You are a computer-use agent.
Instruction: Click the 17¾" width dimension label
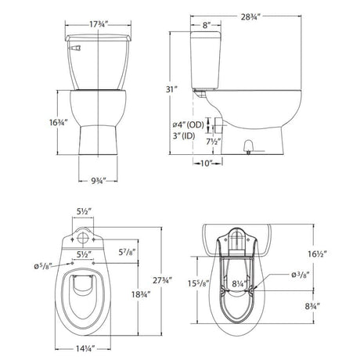pyautogui.click(x=99, y=25)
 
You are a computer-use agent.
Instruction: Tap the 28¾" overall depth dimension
pyautogui.click(x=250, y=17)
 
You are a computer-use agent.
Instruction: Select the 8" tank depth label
pyautogui.click(x=207, y=25)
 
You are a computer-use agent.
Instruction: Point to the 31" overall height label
pyautogui.click(x=171, y=89)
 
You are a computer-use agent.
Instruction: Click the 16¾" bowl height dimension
pyautogui.click(x=59, y=122)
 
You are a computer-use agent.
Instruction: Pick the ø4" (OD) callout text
pyautogui.click(x=188, y=124)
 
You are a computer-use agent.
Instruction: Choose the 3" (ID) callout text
pyautogui.click(x=184, y=135)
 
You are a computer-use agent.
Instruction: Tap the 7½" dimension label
pyautogui.click(x=214, y=142)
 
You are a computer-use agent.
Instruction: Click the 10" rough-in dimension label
pyautogui.click(x=207, y=164)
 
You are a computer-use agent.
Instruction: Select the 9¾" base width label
pyautogui.click(x=99, y=181)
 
